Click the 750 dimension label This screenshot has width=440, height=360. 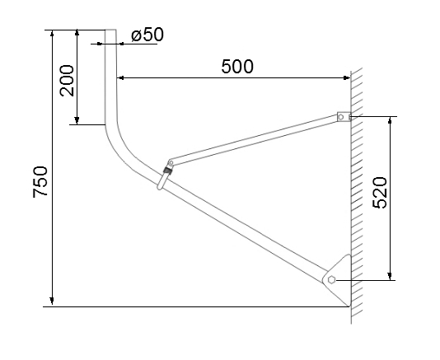pos(40,182)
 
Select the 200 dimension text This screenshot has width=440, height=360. pos(67,81)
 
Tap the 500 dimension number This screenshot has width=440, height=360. pos(237,67)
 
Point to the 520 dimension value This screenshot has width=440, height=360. pos(380,193)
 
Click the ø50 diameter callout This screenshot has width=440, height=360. pos(147,35)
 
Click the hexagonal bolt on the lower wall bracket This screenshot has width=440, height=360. pos(331,280)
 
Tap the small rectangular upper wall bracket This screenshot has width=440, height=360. pos(344,117)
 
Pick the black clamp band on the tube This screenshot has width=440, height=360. pos(168,171)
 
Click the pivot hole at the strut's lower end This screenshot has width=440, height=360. pos(171,162)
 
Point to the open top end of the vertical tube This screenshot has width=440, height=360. pos(110,30)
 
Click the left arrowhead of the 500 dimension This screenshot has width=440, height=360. pos(120,77)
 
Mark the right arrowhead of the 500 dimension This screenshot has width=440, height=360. pos(346,77)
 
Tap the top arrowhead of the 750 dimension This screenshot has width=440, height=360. pos(52,34)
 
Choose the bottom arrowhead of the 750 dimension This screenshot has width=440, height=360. pos(52,302)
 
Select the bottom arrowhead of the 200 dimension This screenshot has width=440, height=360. pos(77,120)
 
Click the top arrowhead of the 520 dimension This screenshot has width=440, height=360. pos(390,120)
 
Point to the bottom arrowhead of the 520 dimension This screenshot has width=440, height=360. pos(390,276)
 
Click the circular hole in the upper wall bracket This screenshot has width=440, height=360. pos(341,117)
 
